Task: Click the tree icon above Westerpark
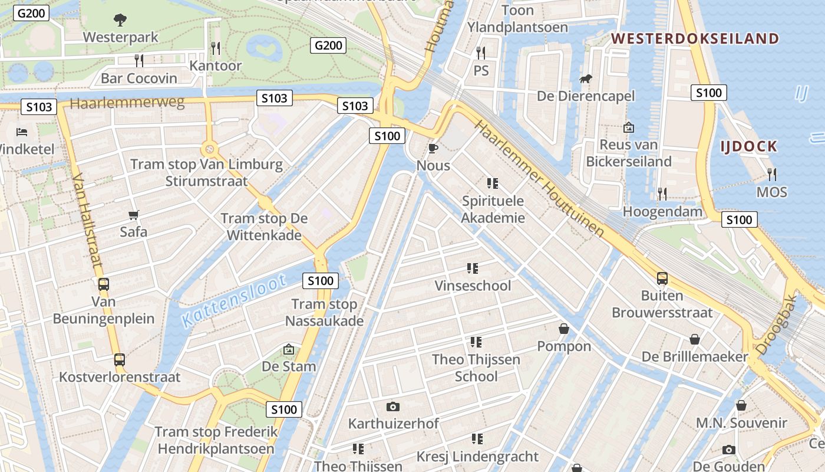tap(120, 20)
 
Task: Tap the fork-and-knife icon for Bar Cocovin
tap(139, 60)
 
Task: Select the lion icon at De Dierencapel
tap(586, 78)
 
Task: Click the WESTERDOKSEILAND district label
tap(695, 39)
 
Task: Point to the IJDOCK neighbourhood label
tap(749, 146)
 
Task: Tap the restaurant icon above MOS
tap(771, 174)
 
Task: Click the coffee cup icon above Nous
tap(433, 148)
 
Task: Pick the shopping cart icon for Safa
tap(134, 215)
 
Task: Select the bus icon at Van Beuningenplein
tap(104, 284)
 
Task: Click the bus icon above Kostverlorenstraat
tap(120, 359)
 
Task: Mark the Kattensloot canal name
tap(233, 300)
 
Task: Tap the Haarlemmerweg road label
tap(127, 103)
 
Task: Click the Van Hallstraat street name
tap(87, 224)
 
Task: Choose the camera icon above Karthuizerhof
tap(393, 407)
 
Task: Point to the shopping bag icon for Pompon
tap(564, 329)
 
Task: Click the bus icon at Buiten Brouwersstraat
tap(662, 278)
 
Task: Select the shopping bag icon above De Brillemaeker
tap(695, 339)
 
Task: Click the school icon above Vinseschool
tap(473, 268)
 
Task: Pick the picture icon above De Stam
tap(289, 349)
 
